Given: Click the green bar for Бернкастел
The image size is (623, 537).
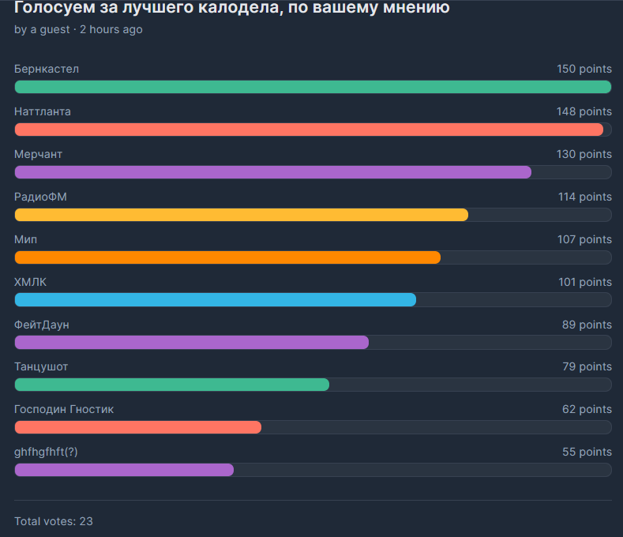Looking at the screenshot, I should pyautogui.click(x=313, y=87).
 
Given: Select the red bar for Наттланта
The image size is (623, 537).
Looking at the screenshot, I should pyautogui.click(x=309, y=130).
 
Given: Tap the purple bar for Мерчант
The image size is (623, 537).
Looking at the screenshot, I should pyautogui.click(x=272, y=172).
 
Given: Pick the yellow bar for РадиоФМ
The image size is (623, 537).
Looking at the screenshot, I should pyautogui.click(x=241, y=215).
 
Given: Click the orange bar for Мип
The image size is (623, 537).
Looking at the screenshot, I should pyautogui.click(x=227, y=257).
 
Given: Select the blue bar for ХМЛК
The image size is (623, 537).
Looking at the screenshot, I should pyautogui.click(x=215, y=300).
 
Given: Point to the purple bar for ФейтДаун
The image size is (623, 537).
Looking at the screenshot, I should pyautogui.click(x=191, y=343).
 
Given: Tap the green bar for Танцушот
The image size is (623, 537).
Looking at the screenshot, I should pyautogui.click(x=171, y=385).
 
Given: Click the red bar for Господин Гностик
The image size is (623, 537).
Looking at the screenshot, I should pyautogui.click(x=137, y=427).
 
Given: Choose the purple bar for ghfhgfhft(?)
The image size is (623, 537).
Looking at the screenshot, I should pyautogui.click(x=124, y=470).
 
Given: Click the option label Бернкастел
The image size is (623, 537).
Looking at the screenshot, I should pyautogui.click(x=47, y=69).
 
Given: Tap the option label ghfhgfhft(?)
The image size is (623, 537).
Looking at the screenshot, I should pyautogui.click(x=46, y=452).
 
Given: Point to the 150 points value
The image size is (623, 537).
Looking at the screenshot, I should pyautogui.click(x=584, y=69).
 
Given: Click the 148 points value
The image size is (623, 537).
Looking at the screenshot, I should pyautogui.click(x=584, y=111).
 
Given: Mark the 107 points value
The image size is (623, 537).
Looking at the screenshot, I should pyautogui.click(x=584, y=239).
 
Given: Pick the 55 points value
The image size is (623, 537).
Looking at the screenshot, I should pyautogui.click(x=587, y=452).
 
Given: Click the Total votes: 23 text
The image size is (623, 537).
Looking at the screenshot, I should pyautogui.click(x=54, y=521).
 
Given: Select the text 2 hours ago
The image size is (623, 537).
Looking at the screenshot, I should pyautogui.click(x=111, y=29).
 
